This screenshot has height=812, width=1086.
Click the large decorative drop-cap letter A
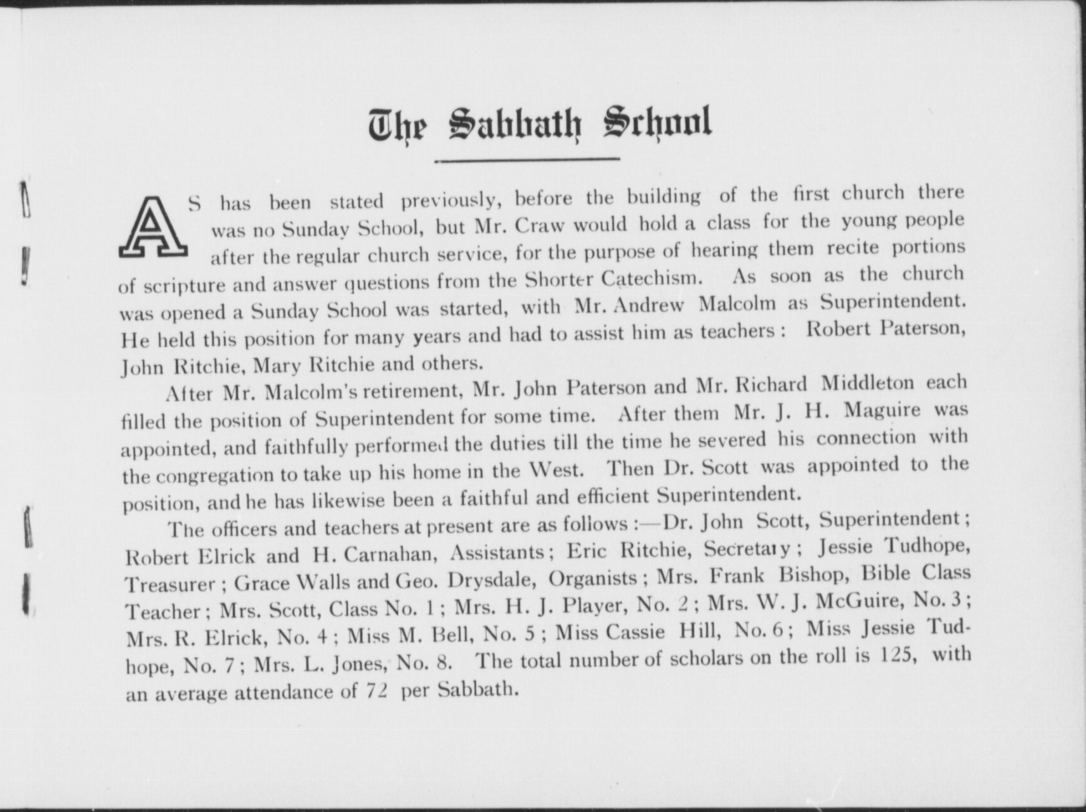[x=153, y=227]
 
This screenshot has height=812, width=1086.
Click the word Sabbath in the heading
[x=514, y=124]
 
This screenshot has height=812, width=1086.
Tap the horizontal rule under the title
[x=527, y=160]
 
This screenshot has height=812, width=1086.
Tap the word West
[x=555, y=470]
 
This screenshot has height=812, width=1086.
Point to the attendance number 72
[x=377, y=690]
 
